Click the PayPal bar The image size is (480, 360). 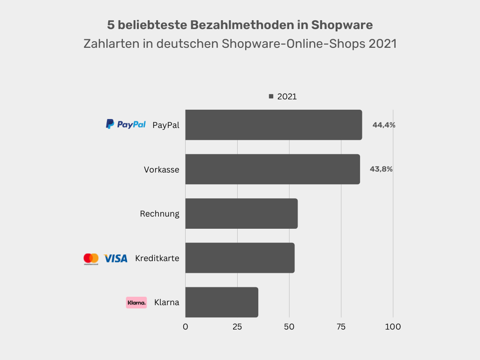click(x=273, y=125)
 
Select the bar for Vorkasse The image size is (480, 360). click(x=272, y=169)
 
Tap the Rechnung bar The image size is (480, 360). click(x=241, y=213)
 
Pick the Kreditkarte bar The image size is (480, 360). click(x=240, y=258)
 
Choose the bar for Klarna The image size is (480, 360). click(x=222, y=302)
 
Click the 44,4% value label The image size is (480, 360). click(x=384, y=125)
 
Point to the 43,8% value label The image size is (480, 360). click(x=381, y=169)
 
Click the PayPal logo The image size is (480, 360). click(x=126, y=124)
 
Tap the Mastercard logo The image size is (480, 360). click(x=91, y=258)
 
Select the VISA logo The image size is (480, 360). click(x=115, y=258)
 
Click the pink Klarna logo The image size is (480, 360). click(x=136, y=302)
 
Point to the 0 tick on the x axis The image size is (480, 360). click(x=186, y=327)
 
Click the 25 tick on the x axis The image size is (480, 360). click(x=237, y=327)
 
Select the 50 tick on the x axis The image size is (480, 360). click(x=289, y=327)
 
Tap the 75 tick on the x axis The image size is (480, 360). click(x=341, y=327)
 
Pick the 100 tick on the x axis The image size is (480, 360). click(x=393, y=327)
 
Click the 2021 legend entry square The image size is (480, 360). click(x=271, y=97)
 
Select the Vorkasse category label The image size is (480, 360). click(x=161, y=170)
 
